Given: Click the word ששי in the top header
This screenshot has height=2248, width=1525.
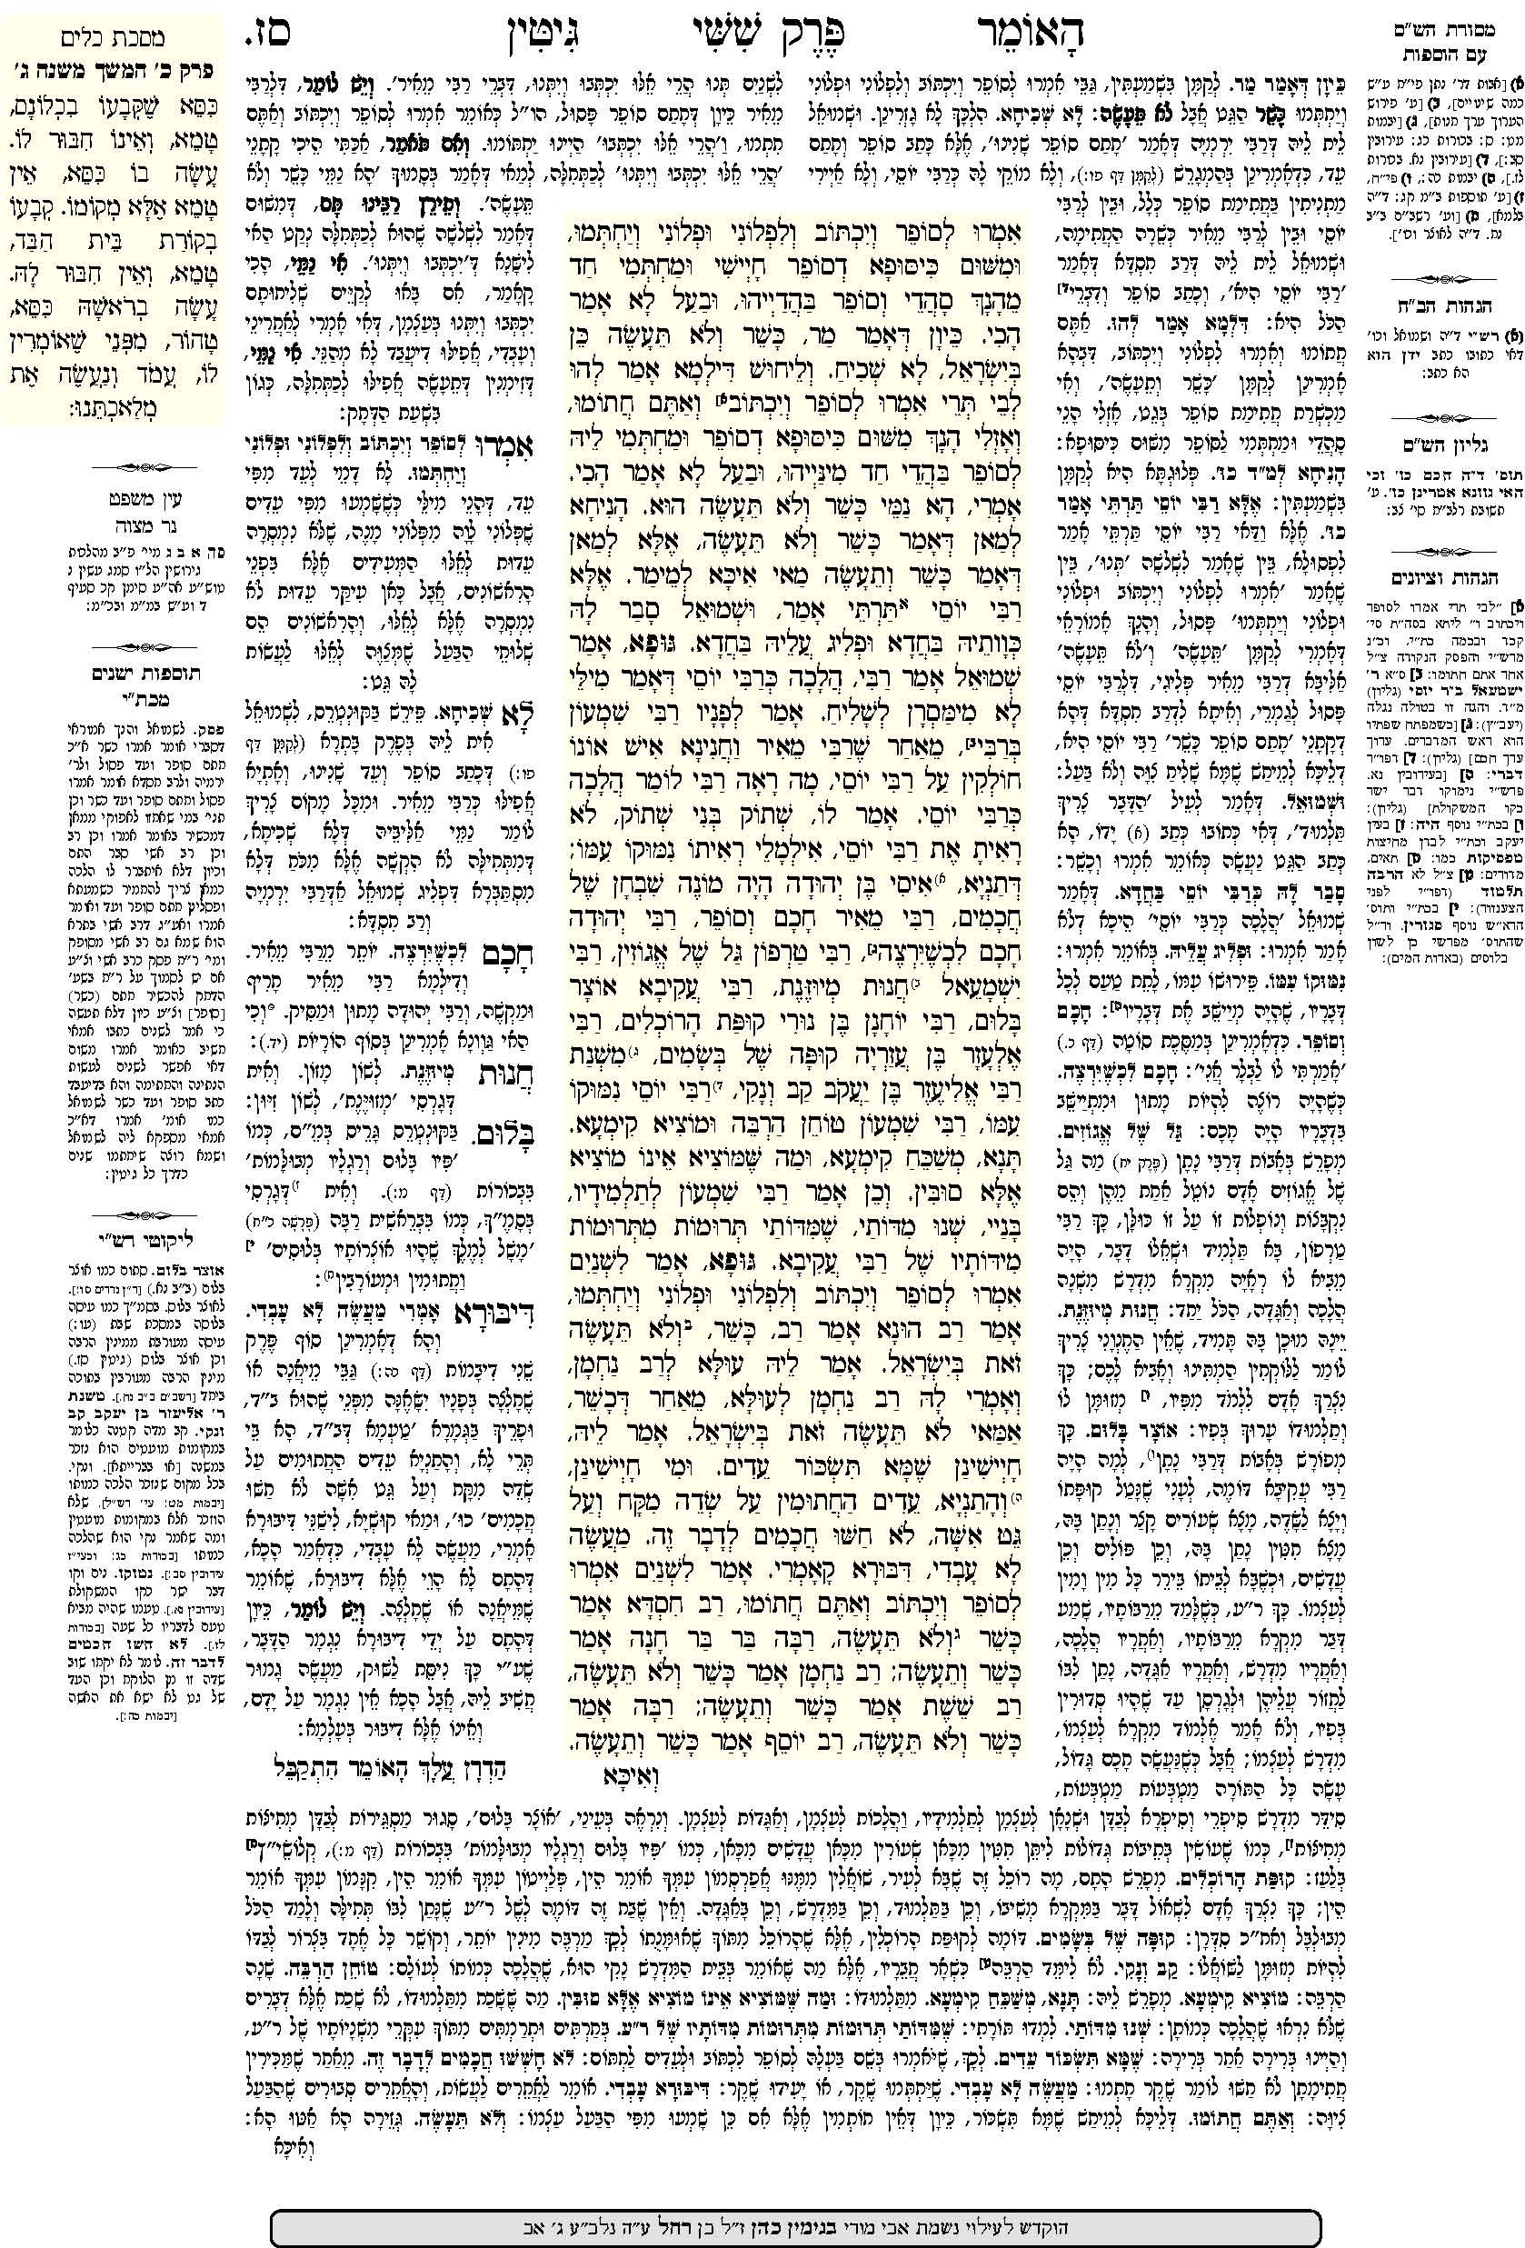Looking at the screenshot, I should click(x=638, y=34).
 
